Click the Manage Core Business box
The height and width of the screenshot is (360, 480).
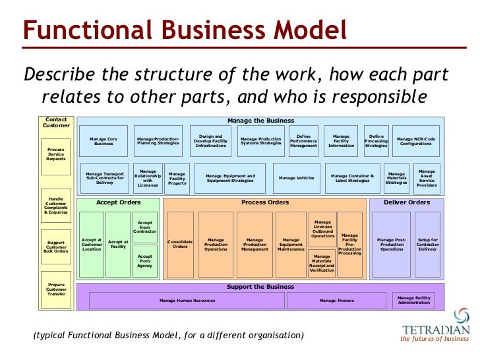[x=104, y=140]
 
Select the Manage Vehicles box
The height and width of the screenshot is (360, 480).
[x=296, y=178]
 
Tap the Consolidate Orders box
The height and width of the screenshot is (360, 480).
[x=180, y=244]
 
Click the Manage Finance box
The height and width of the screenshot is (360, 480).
[x=336, y=301]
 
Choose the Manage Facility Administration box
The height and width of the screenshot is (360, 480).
[x=414, y=300]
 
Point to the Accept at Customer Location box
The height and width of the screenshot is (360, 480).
[x=92, y=244]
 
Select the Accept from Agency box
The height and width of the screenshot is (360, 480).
[x=145, y=261]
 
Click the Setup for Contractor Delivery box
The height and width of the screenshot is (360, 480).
[x=427, y=244]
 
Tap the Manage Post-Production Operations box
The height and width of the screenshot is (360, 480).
[x=392, y=244]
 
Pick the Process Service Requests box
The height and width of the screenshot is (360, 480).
[x=55, y=154]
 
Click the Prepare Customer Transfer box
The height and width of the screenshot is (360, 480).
[x=55, y=289]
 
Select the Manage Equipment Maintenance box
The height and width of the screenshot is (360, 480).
[x=291, y=244]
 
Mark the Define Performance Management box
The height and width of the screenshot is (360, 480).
[x=303, y=141]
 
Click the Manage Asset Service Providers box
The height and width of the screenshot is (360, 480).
[x=427, y=178]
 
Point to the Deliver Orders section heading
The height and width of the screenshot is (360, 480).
[x=407, y=202]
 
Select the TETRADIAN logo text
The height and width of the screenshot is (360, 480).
[x=435, y=329]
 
